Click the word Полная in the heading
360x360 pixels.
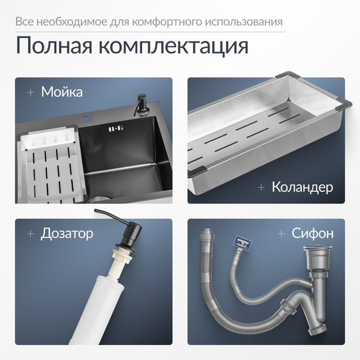point(54,45)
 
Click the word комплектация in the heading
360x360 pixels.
point(173,46)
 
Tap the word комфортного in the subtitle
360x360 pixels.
point(167,22)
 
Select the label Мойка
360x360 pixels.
point(62,92)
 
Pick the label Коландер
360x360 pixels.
point(302,187)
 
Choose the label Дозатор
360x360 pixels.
point(67,234)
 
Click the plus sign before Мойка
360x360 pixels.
point(31,92)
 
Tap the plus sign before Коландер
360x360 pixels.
point(261,188)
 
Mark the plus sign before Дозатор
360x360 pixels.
point(31,234)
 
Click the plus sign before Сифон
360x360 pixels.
point(281,234)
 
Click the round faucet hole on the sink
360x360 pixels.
point(87,119)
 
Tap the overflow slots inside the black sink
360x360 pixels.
point(115,129)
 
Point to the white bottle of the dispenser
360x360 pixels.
point(96,310)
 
